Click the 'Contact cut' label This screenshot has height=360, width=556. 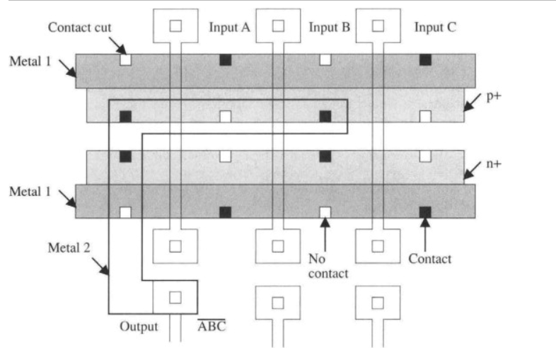(78, 28)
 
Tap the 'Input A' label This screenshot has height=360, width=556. (230, 27)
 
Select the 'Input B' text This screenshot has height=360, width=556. (330, 27)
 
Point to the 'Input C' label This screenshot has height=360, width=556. (435, 27)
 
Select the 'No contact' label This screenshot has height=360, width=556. (328, 266)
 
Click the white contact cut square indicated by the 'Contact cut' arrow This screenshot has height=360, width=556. (125, 60)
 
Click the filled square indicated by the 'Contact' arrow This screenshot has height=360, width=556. (425, 211)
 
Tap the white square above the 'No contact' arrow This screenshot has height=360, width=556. (325, 211)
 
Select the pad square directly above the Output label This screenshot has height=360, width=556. (175, 297)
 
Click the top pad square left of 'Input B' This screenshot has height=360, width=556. (278, 25)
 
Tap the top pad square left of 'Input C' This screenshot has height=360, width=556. (378, 25)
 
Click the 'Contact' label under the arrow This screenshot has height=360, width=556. (429, 259)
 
